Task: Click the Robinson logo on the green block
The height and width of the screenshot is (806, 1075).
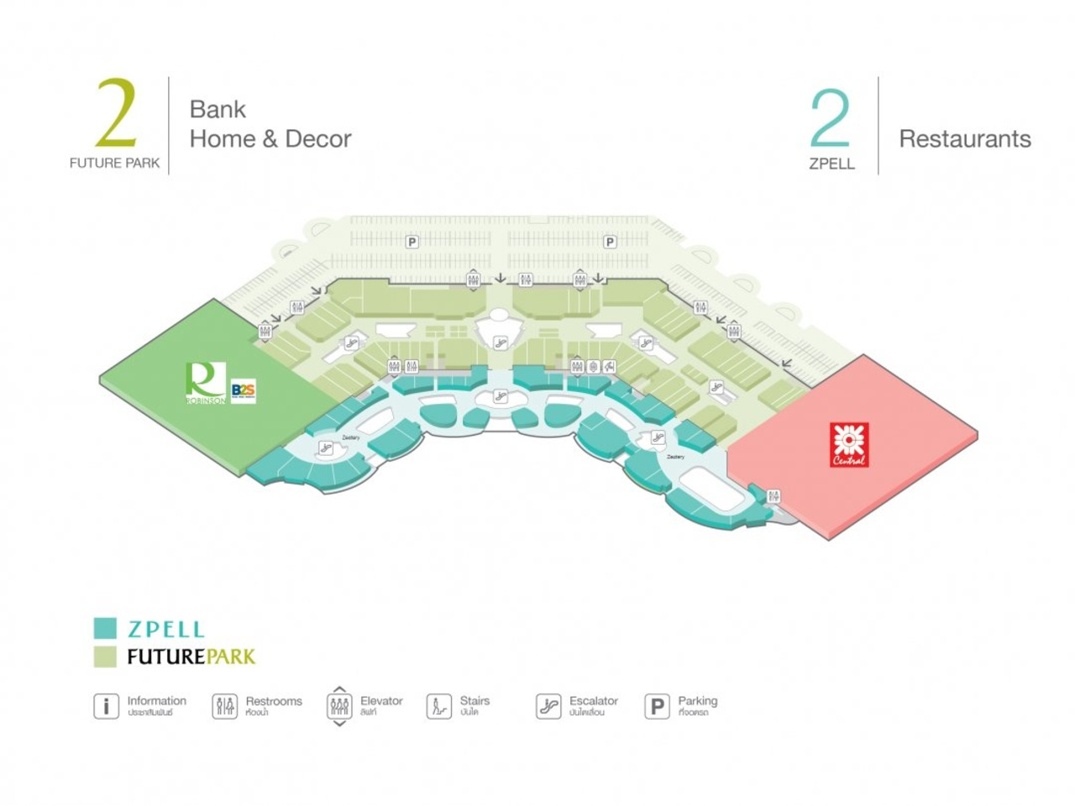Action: pyautogui.click(x=206, y=382)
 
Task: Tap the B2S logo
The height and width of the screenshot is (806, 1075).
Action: pyautogui.click(x=243, y=391)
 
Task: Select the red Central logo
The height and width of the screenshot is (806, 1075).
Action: pyautogui.click(x=849, y=444)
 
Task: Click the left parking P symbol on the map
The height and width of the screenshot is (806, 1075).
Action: pyautogui.click(x=412, y=242)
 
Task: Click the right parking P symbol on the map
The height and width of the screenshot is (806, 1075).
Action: pyautogui.click(x=610, y=242)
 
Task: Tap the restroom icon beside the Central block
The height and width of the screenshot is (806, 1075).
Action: pyautogui.click(x=773, y=496)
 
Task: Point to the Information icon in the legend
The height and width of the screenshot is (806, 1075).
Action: pyautogui.click(x=106, y=706)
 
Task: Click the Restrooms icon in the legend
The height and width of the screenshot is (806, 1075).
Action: pyautogui.click(x=224, y=706)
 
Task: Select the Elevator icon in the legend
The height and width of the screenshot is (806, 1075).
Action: pyautogui.click(x=339, y=706)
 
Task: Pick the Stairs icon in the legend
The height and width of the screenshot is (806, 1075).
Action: pyautogui.click(x=438, y=706)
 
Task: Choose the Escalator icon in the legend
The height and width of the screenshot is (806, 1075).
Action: pyautogui.click(x=548, y=706)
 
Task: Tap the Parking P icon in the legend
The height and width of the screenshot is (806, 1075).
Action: pyautogui.click(x=657, y=706)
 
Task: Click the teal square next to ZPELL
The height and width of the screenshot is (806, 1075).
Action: pyautogui.click(x=105, y=628)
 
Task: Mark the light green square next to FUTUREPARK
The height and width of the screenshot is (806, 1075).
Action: pyautogui.click(x=105, y=657)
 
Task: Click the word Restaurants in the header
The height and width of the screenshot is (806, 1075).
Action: pyautogui.click(x=965, y=139)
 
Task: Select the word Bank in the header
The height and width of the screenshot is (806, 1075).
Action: pyautogui.click(x=218, y=109)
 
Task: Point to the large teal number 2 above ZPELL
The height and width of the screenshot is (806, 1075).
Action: pyautogui.click(x=830, y=119)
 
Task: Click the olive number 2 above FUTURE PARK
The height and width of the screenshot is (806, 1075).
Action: pyautogui.click(x=116, y=113)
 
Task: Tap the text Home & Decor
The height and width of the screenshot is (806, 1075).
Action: pyautogui.click(x=270, y=139)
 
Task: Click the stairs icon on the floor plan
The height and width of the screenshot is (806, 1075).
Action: pyautogui.click(x=610, y=366)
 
